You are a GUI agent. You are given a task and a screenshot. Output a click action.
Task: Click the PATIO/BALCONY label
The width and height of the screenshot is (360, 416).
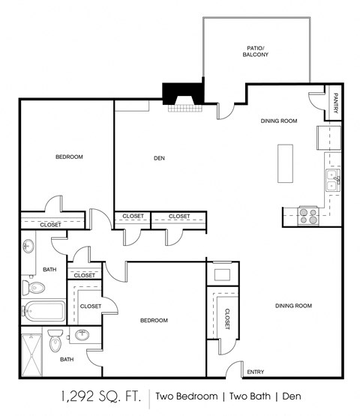coord(255,52)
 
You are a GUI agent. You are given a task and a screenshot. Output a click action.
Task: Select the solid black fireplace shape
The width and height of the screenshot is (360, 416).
coord(183,94)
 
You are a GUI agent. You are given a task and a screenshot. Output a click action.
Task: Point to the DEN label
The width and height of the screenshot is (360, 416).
coord(159,157)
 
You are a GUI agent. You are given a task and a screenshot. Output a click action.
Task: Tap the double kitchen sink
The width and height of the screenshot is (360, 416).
coord(332,180)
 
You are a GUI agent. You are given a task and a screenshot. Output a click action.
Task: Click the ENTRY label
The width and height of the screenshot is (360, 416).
coord(255,372)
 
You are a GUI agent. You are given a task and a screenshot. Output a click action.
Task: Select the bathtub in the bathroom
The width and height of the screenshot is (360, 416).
coord(42,310)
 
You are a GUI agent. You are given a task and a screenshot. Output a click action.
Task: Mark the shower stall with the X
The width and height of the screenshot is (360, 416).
coord(31,352)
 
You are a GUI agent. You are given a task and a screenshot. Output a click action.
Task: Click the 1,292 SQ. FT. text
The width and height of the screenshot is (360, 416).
coord(100,396)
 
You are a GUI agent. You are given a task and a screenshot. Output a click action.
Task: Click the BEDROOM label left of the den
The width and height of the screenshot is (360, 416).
coord(69,157)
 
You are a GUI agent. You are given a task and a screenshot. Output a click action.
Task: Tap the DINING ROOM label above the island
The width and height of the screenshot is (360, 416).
coord(279,121)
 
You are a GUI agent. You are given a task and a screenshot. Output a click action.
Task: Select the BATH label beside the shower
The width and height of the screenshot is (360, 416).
coord(67,359)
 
